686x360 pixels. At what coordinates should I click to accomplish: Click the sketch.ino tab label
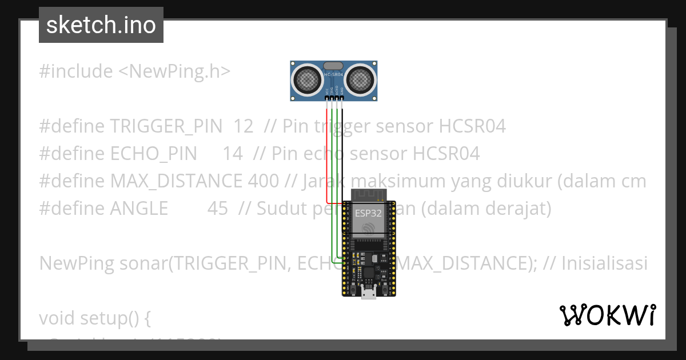(101, 25)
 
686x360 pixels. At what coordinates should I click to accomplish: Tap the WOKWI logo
(607, 315)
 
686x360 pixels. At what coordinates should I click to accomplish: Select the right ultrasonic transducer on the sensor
(361, 79)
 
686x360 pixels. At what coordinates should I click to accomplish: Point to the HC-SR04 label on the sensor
(334, 74)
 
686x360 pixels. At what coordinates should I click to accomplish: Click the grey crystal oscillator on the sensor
(333, 66)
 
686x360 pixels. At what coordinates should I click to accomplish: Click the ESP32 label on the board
(368, 214)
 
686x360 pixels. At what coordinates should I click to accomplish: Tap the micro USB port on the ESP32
(369, 294)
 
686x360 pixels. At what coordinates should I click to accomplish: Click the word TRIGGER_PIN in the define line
(166, 126)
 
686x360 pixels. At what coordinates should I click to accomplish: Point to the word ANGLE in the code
(139, 209)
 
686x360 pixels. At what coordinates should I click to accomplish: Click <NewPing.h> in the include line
(174, 71)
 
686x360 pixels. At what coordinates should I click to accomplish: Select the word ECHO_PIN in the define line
(153, 154)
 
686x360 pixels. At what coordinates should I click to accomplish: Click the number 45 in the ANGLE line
(217, 209)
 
